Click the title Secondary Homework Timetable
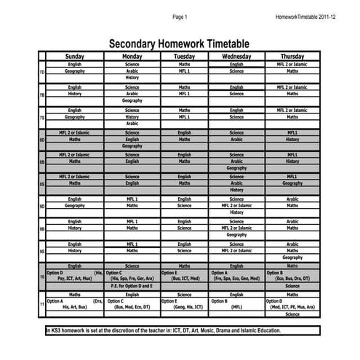179,44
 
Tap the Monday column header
132,56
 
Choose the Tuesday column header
184,56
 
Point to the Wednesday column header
236,56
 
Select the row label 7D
41,72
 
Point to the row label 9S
41,251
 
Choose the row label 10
41,277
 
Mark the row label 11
41,305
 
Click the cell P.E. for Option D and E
132,286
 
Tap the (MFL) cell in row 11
236,308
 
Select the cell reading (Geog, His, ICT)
184,308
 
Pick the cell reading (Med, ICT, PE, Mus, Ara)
292,308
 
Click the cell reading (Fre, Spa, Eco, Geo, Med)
236,279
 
